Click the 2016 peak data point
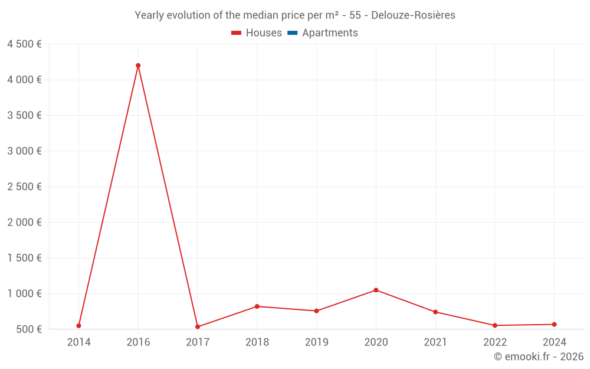tap(138, 66)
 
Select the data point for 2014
tap(78, 326)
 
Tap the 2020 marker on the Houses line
tap(376, 290)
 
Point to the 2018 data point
tap(257, 306)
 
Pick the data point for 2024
tap(554, 324)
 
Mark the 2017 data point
tap(198, 327)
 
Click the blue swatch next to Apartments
tap(293, 33)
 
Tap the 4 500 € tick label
tap(24, 44)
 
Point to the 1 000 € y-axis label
tap(24, 293)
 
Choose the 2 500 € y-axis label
tap(24, 187)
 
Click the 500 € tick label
tap(28, 329)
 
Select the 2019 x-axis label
tap(316, 342)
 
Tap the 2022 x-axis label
tap(494, 342)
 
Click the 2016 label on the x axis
tap(138, 342)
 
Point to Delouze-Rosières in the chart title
tap(413, 15)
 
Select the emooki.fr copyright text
tap(539, 357)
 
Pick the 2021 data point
tap(435, 312)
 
